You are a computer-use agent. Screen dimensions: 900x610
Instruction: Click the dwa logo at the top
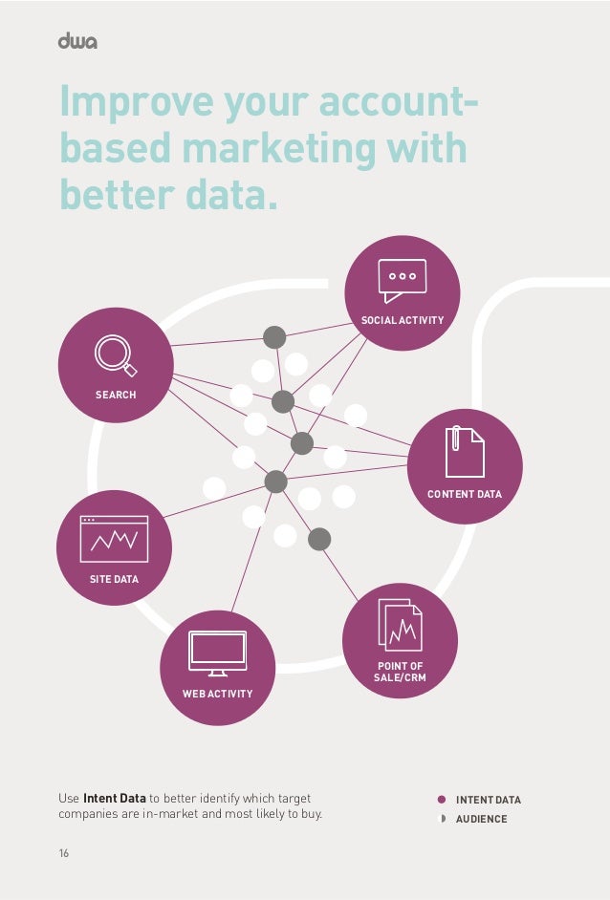click(77, 41)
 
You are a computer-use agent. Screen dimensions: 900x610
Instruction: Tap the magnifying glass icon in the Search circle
click(115, 354)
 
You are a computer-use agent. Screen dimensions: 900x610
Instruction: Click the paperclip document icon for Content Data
click(465, 451)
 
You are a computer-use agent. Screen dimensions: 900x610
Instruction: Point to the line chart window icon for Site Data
click(114, 539)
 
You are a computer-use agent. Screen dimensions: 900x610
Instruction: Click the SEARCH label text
click(115, 395)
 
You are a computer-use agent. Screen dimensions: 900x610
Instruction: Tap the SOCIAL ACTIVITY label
click(402, 320)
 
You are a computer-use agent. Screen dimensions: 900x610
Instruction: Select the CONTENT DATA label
click(465, 494)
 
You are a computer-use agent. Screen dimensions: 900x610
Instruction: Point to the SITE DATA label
click(114, 579)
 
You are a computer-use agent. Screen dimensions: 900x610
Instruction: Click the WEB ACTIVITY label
click(217, 694)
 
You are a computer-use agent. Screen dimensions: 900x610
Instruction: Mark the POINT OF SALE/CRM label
click(400, 672)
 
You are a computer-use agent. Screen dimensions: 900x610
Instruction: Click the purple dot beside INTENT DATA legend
click(442, 800)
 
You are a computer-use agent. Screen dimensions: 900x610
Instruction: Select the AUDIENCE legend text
click(481, 820)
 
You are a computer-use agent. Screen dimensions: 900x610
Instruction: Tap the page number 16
click(64, 852)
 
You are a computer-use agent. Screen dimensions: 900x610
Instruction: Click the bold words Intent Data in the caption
click(115, 799)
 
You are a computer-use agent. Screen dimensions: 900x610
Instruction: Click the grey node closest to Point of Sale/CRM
click(319, 539)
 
